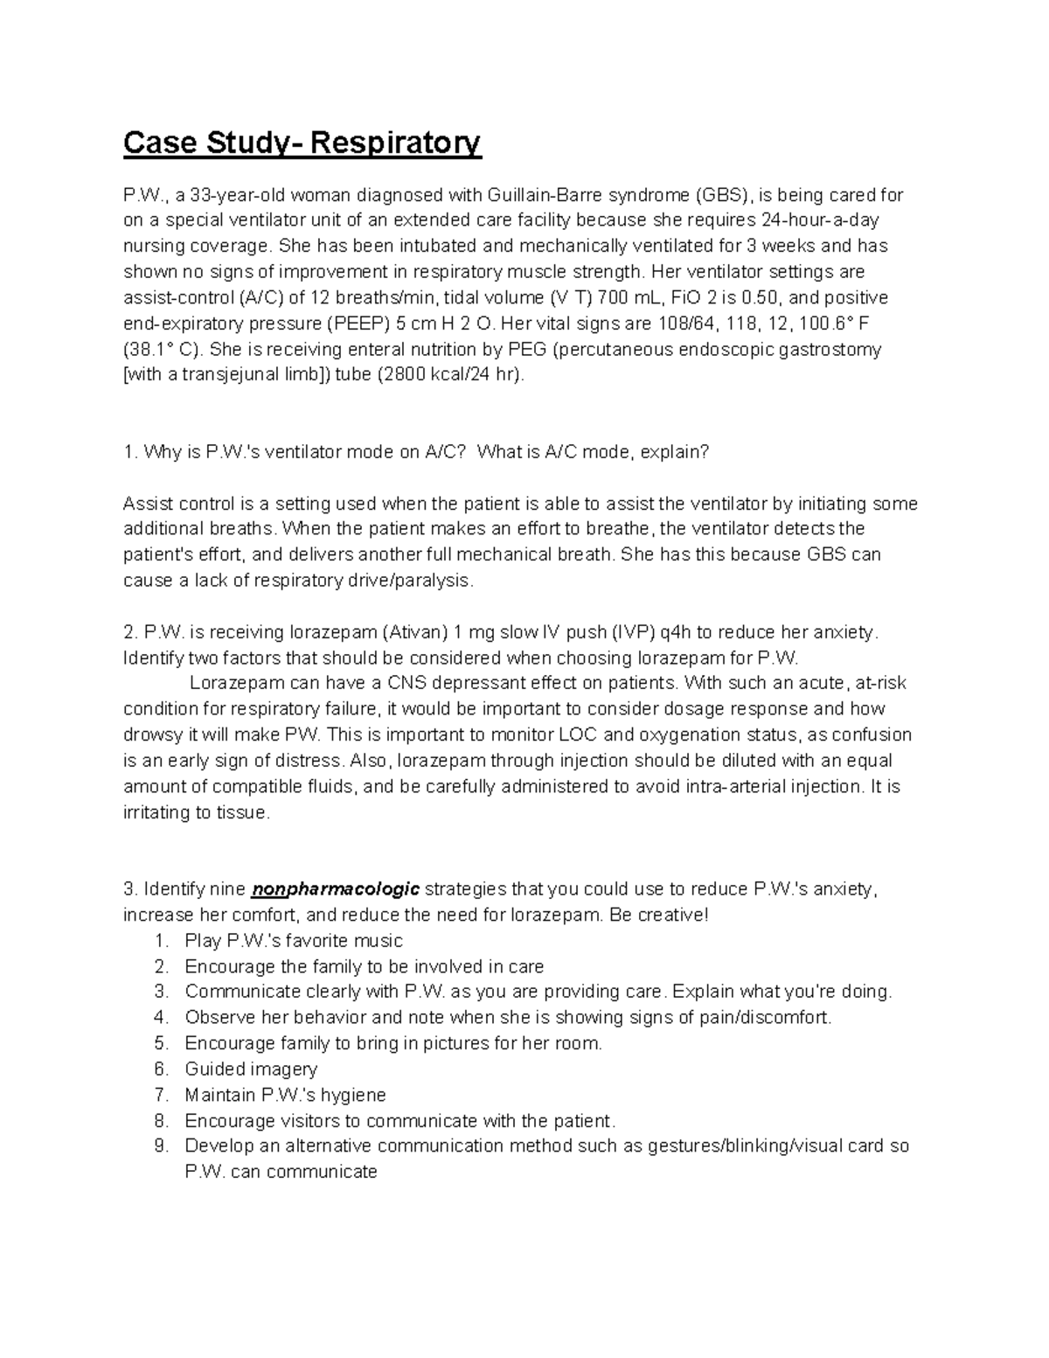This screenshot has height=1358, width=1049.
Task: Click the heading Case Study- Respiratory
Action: point(302,143)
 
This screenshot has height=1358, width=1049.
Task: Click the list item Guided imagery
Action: point(251,1069)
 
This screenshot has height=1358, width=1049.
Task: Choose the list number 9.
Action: point(159,1146)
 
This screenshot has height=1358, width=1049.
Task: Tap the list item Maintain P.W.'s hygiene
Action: point(285,1095)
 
